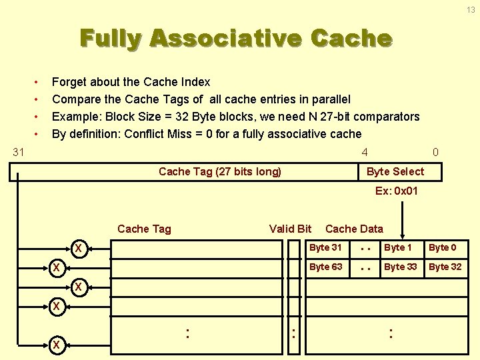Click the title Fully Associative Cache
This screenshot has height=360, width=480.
[x=236, y=38]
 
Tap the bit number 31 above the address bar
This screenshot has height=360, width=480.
[x=19, y=152]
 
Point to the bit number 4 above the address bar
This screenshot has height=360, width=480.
[x=364, y=152]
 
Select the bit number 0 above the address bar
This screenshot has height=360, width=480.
[x=435, y=152]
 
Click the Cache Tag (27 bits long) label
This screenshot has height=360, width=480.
[x=220, y=171]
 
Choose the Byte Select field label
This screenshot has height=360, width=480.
[x=395, y=171]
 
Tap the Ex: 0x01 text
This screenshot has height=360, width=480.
[x=396, y=191]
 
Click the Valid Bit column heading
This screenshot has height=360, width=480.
[x=290, y=229]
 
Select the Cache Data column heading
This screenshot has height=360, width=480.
[x=354, y=229]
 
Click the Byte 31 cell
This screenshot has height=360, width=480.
[x=325, y=247]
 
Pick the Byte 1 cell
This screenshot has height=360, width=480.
[x=398, y=247]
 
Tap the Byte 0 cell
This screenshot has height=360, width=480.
[x=443, y=247]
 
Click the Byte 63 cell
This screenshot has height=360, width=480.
[x=325, y=267]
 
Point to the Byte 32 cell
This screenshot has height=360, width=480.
[x=445, y=267]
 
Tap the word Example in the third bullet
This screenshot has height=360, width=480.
[x=75, y=117]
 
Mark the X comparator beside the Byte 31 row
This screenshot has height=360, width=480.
[x=78, y=249]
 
